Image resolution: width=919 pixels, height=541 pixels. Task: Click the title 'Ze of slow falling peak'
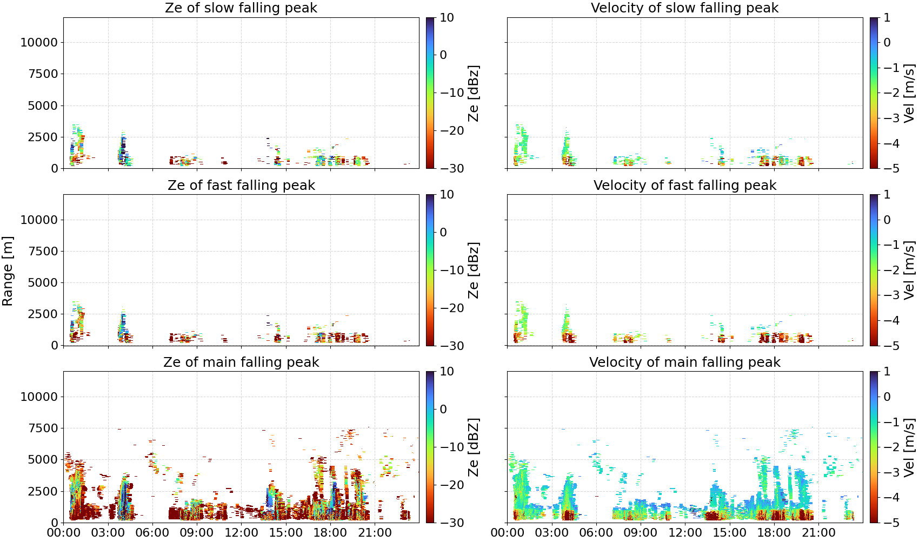tap(241, 8)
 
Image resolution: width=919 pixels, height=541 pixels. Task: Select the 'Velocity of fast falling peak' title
tap(685, 185)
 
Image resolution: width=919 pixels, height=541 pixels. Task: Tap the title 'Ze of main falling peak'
tap(241, 362)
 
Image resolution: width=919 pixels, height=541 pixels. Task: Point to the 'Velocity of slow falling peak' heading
tap(685, 8)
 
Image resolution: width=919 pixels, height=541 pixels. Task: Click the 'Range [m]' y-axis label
tap(8, 270)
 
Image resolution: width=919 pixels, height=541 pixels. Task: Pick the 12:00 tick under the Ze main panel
tap(241, 532)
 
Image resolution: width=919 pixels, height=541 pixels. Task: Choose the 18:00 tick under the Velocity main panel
tap(774, 532)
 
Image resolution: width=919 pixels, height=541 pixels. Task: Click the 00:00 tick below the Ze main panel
tap(64, 532)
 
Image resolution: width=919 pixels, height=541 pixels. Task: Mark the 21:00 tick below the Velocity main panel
tap(818, 532)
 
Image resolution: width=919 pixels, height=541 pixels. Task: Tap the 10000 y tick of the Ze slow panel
tap(39, 42)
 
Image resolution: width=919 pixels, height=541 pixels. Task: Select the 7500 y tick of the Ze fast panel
tap(43, 251)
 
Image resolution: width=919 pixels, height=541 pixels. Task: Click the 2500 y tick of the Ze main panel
tap(43, 491)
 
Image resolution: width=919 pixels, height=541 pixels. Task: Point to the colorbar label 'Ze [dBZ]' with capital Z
tap(473, 447)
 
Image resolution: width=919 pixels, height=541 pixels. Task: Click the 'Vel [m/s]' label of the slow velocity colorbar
tap(909, 93)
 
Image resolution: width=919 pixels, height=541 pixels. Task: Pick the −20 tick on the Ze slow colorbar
tap(452, 130)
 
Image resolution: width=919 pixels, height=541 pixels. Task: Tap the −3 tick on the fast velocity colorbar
tap(891, 295)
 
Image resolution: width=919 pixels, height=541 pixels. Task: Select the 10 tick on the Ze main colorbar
tap(447, 372)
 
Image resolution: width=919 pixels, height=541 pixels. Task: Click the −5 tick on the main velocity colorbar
tap(891, 523)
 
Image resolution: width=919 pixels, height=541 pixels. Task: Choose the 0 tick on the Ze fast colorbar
tap(443, 232)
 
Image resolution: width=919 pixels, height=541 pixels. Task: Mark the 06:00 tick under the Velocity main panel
tap(596, 532)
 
